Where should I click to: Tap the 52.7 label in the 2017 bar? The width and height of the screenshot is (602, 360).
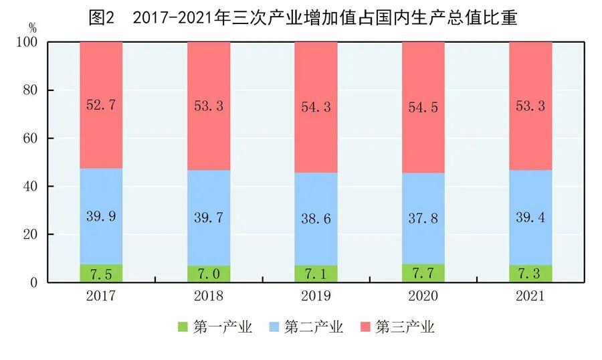click(101, 106)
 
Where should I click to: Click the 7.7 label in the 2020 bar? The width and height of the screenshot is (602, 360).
click(423, 273)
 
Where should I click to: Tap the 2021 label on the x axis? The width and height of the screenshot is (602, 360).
click(530, 296)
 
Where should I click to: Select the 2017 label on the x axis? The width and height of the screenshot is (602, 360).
click(101, 296)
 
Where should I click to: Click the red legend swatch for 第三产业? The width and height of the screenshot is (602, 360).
click(364, 327)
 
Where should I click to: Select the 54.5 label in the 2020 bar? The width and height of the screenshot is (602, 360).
click(423, 107)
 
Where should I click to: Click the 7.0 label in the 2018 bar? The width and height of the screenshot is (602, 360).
click(209, 274)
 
